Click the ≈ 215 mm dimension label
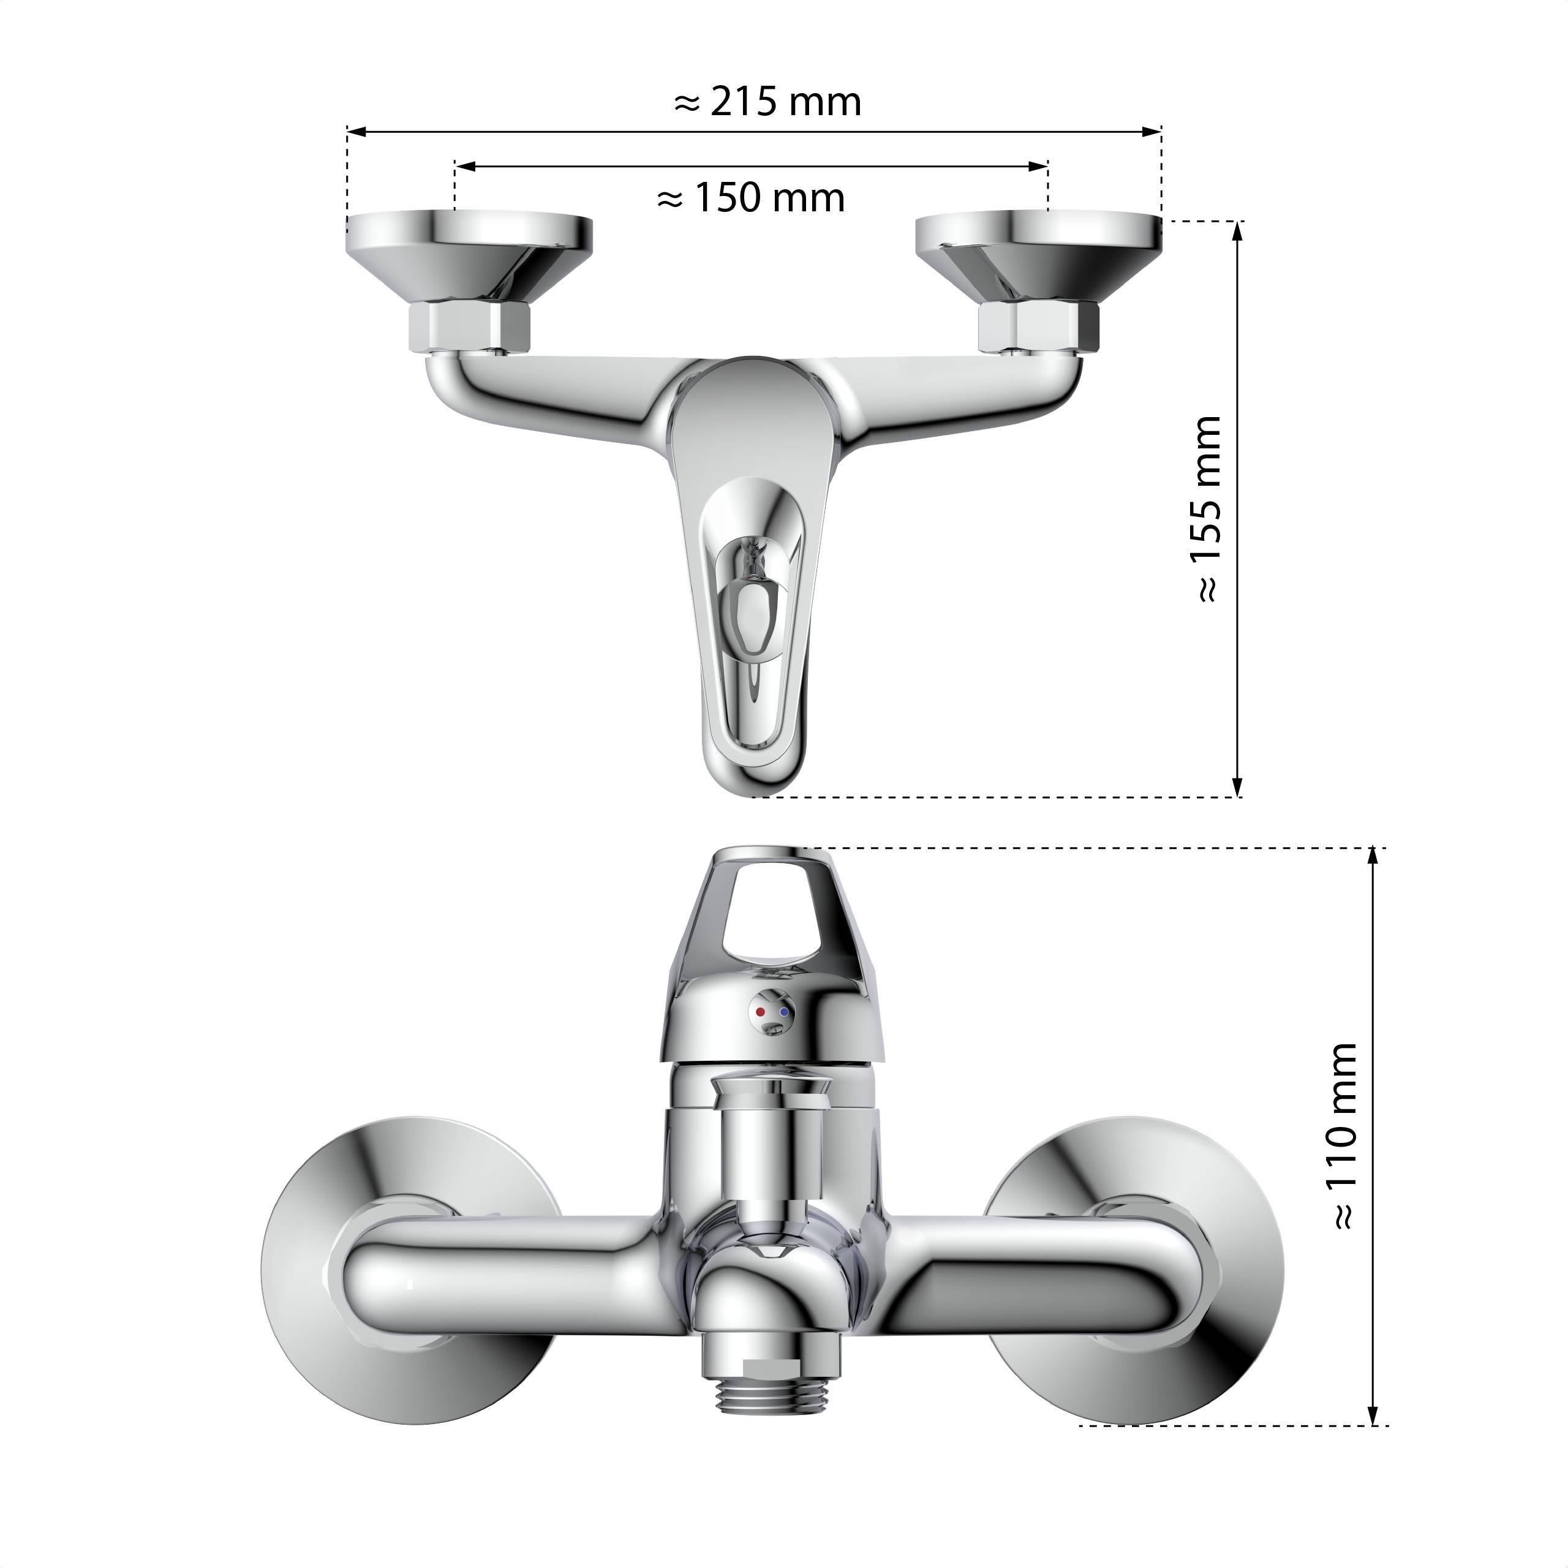pos(767,102)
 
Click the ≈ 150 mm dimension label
pos(751,198)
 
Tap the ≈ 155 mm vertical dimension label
pos(1206,509)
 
